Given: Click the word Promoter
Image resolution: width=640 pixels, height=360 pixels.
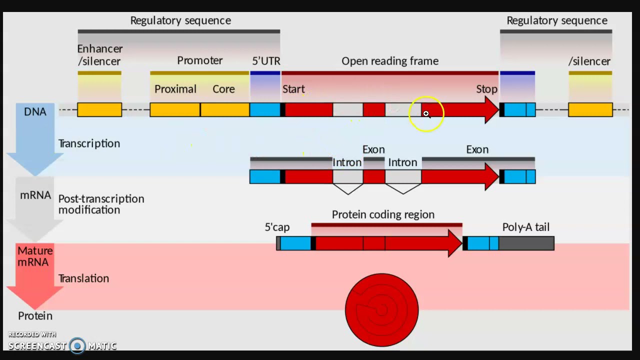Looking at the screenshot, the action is [x=199, y=60].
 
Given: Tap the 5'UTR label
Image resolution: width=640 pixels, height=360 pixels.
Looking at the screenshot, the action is [x=266, y=61].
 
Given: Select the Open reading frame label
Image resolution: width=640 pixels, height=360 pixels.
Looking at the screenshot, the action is [x=390, y=61].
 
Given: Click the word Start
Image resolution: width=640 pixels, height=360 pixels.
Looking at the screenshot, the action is [x=293, y=89].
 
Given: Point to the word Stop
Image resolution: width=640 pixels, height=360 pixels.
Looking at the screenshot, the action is [x=486, y=89].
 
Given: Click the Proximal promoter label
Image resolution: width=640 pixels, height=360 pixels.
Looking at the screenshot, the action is [x=175, y=89].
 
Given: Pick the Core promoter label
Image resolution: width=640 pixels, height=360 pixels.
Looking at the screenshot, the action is [x=223, y=89].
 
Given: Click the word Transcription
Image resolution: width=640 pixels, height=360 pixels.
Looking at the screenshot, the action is [x=89, y=143].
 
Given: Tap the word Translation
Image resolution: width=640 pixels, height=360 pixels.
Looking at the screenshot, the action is [x=83, y=278].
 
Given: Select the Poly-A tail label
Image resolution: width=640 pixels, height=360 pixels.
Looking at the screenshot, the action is [x=525, y=227].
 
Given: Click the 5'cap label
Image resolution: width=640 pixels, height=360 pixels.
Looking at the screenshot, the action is [x=277, y=227].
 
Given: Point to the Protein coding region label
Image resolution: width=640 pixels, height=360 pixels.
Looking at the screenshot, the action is [x=383, y=214].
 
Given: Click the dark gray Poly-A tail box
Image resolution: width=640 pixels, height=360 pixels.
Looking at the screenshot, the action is [x=526, y=243].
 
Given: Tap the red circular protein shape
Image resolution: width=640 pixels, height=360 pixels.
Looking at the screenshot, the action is [x=382, y=310].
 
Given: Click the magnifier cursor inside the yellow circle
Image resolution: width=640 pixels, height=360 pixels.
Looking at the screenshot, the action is [x=426, y=114].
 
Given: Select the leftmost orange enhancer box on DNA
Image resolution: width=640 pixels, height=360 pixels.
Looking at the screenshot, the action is [x=99, y=109].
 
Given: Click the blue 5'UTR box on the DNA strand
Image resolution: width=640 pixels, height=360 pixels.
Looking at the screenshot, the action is [x=265, y=109].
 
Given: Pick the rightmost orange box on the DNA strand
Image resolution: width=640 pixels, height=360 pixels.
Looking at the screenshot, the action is [x=590, y=109].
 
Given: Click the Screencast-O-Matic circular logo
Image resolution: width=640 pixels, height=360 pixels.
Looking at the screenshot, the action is [x=77, y=345].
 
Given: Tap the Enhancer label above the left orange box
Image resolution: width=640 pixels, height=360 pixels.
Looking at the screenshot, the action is [x=99, y=49].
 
